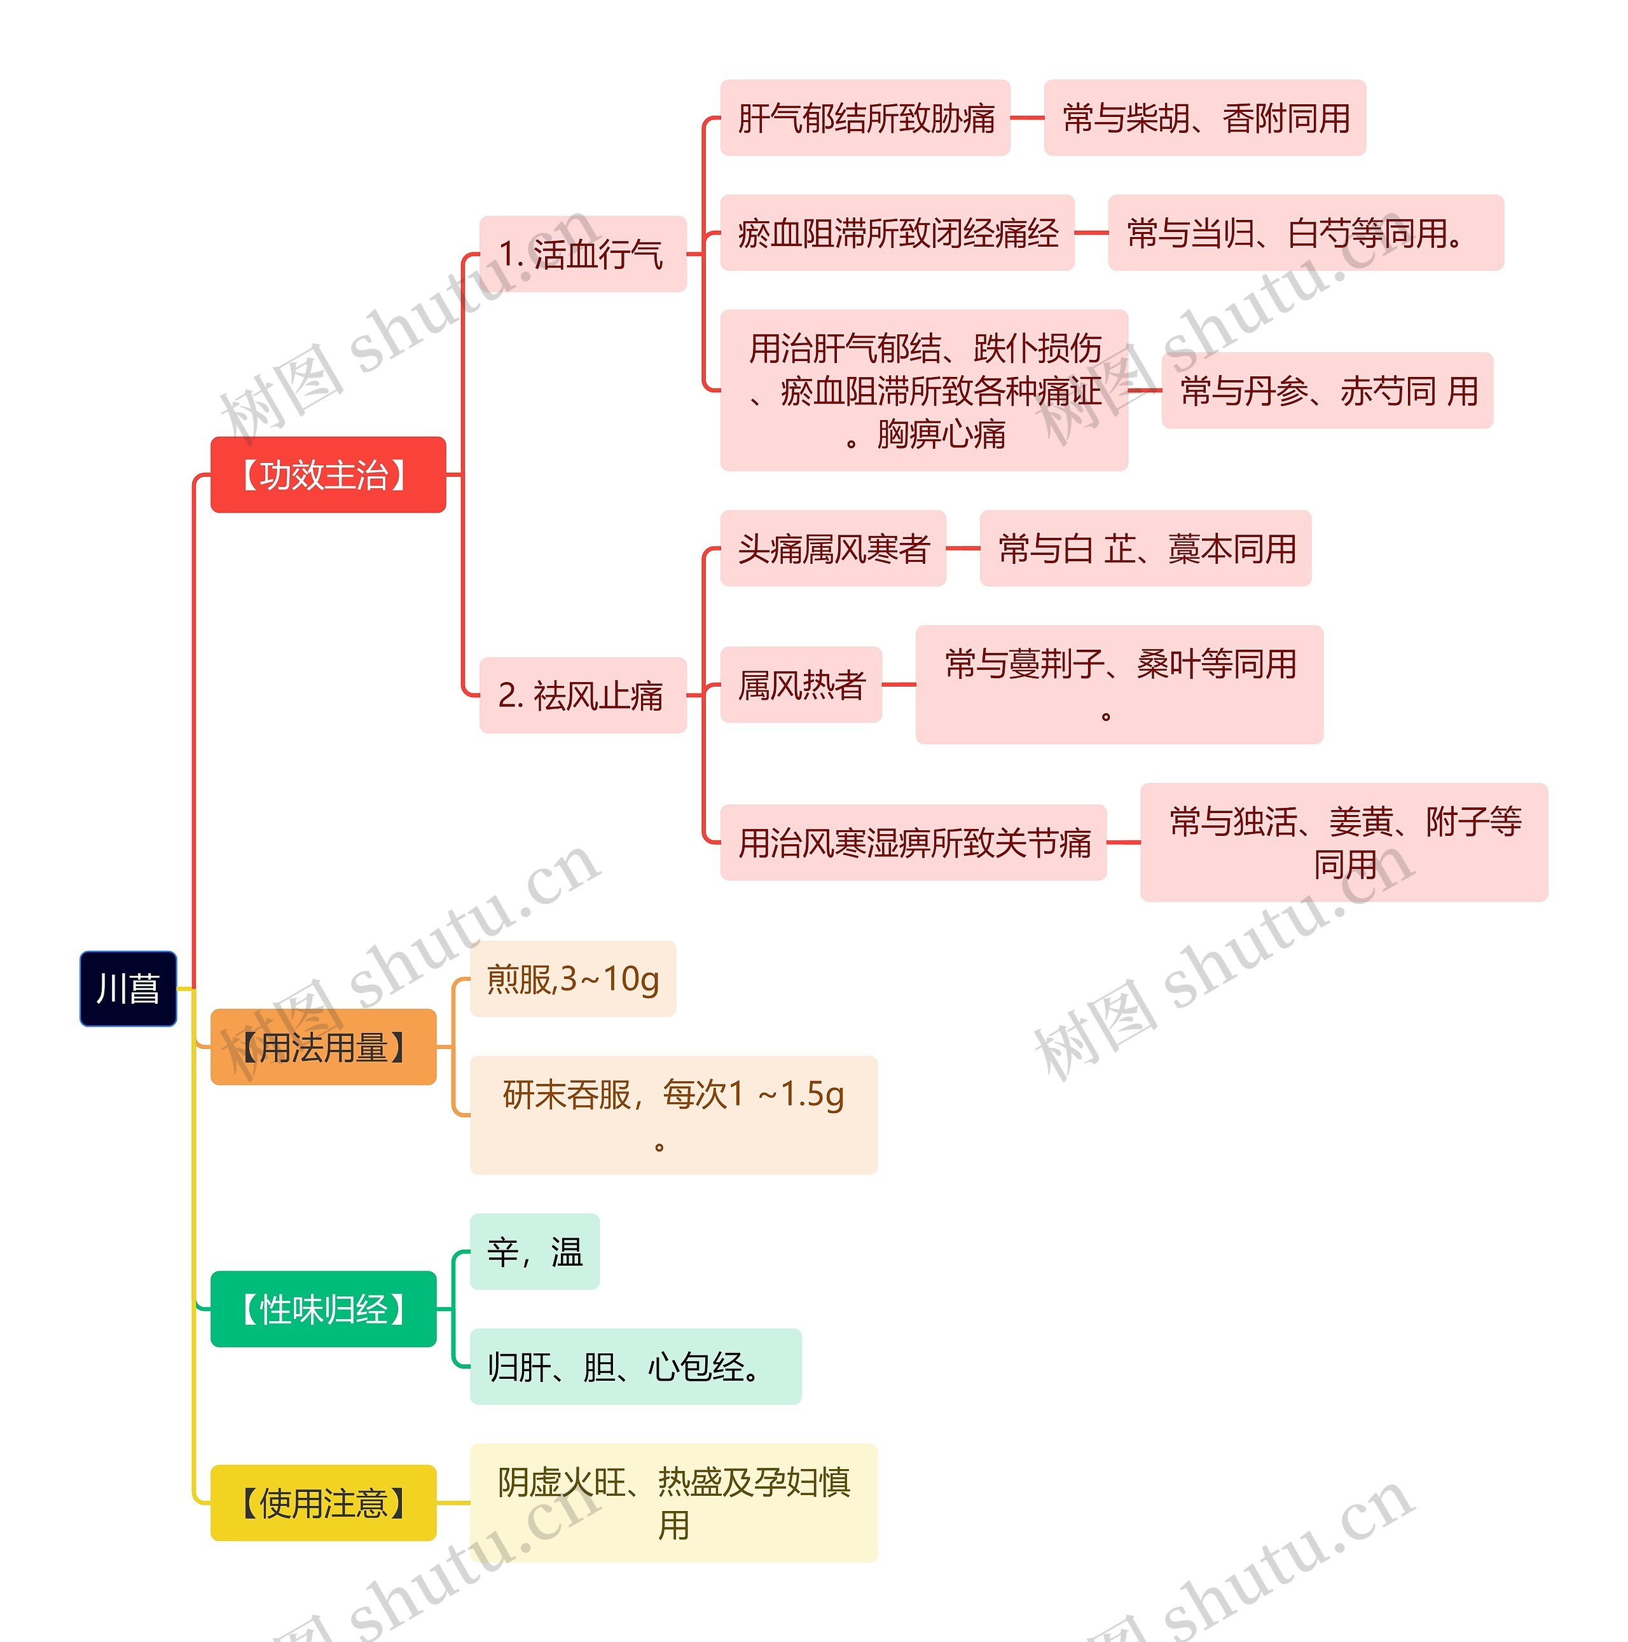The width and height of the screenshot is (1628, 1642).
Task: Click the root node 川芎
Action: [128, 989]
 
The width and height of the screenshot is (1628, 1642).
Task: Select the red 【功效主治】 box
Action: [328, 475]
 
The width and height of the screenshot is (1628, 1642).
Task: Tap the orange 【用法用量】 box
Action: [323, 1047]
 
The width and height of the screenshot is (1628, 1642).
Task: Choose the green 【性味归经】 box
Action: [323, 1309]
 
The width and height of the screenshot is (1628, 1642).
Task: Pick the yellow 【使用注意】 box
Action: [323, 1503]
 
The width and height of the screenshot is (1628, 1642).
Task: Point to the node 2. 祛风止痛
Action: [583, 695]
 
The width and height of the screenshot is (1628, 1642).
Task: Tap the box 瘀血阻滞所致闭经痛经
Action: [897, 233]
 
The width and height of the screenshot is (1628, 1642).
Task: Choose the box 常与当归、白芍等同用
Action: [1305, 233]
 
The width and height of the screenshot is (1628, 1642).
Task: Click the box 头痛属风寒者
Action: [832, 548]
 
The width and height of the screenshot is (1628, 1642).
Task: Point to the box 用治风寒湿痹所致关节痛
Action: [913, 842]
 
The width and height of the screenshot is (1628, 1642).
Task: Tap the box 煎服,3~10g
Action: [572, 979]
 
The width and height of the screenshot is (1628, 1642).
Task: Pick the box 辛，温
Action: [534, 1252]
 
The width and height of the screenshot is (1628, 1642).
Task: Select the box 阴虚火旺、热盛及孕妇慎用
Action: [673, 1503]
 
